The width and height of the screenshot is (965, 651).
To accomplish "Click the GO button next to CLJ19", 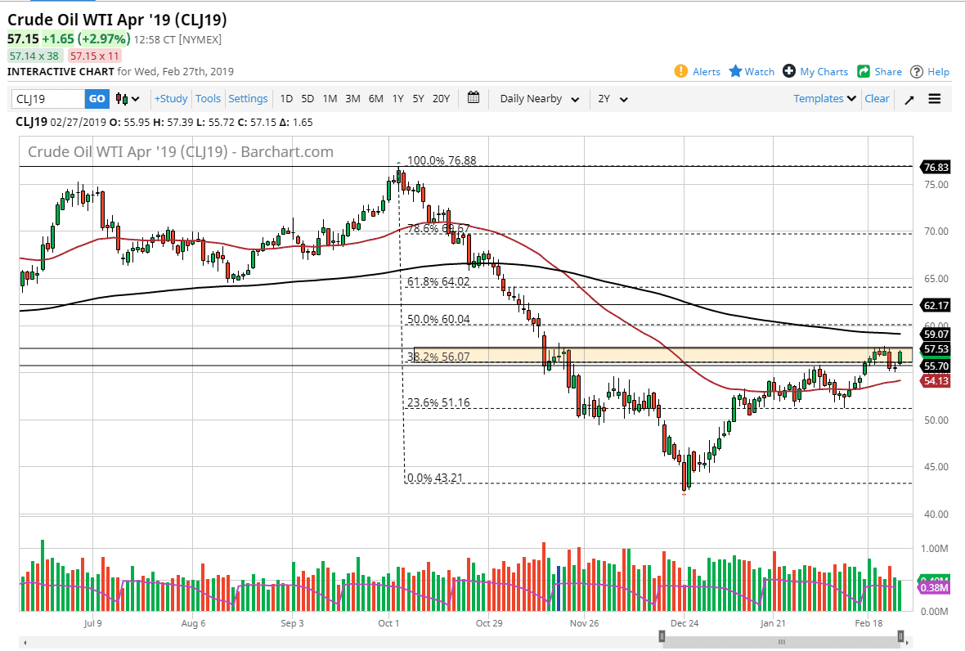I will coord(96,99).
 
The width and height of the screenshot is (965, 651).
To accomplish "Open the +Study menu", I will coord(171,99).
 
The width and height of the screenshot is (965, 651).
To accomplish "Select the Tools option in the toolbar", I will coord(208,99).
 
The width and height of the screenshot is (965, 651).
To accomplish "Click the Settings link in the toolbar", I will coord(248,99).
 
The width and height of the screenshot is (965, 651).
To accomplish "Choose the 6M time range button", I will coord(375,99).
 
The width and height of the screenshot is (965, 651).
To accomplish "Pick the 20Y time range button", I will coord(441,99).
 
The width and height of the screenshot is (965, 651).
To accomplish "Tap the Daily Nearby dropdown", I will coord(540,99).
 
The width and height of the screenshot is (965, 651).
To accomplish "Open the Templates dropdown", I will coord(824,99).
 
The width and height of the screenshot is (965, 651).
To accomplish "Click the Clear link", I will coord(877,99).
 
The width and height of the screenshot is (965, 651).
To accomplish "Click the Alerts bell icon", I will coord(681,71).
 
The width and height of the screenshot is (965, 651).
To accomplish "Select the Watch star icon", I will coord(736,71).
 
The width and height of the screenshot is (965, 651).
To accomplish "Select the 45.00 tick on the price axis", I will coord(934,467).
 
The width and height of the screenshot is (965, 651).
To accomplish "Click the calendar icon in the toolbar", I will coord(474,98).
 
